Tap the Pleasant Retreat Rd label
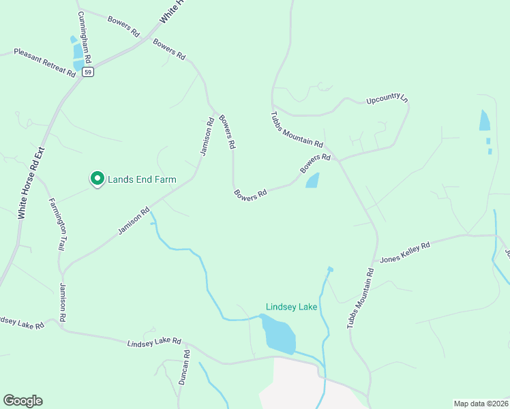click(x=44, y=62)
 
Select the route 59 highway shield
click(x=87, y=71)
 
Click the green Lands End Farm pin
click(x=97, y=179)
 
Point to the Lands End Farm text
click(x=142, y=179)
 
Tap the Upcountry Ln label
click(x=387, y=99)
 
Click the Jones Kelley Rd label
click(x=405, y=252)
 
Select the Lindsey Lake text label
click(x=291, y=307)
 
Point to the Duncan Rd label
click(x=183, y=368)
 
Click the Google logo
click(x=22, y=401)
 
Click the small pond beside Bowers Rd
click(x=312, y=181)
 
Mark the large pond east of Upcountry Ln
click(x=485, y=121)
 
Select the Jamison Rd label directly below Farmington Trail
click(x=63, y=302)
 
